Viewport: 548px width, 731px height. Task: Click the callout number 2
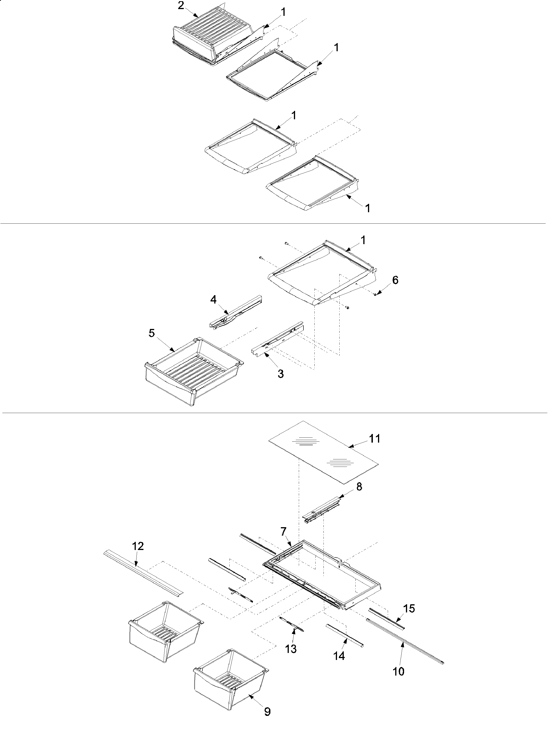coord(181,6)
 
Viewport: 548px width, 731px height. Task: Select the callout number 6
coord(395,280)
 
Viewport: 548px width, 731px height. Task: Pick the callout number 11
coord(374,439)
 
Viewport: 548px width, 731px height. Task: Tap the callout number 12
coord(138,546)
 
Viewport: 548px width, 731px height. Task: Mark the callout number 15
coord(409,608)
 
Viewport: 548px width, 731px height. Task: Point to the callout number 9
coord(267,718)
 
